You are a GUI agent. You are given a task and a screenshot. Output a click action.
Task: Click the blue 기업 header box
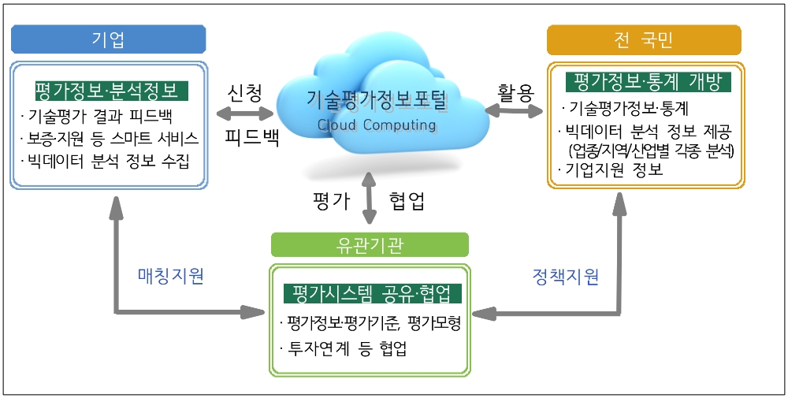[x=108, y=39]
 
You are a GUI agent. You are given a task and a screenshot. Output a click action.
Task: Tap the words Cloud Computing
[x=376, y=125]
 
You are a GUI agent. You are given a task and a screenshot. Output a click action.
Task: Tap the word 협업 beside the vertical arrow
[x=407, y=200]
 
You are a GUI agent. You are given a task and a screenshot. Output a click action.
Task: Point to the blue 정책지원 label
[x=564, y=276]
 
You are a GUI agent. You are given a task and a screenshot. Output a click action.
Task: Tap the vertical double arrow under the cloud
[x=368, y=200]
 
